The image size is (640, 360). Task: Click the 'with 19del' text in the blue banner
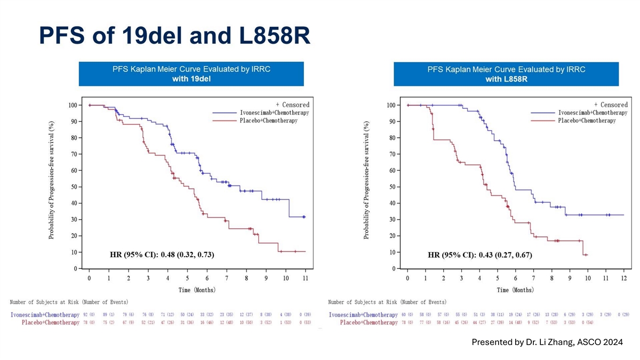tap(191, 79)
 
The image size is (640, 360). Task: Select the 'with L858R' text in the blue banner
tap(506, 79)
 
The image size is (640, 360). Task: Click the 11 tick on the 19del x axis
tap(305, 279)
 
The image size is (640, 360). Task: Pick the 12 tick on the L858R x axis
tap(623, 279)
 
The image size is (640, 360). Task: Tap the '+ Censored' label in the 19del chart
tap(292, 105)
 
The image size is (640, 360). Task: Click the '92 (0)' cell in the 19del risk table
tap(90, 315)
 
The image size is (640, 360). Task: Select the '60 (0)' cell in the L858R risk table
tap(408, 315)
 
